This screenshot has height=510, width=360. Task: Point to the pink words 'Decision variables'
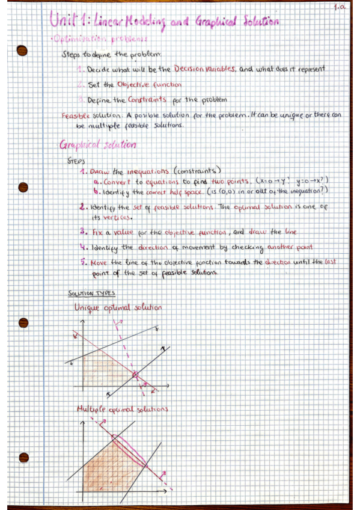205,69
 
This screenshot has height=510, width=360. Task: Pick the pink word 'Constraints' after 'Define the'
138,99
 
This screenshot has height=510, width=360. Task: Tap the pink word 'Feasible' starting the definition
75,115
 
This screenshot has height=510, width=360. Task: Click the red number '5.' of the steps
83,262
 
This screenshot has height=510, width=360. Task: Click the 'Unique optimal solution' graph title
118,308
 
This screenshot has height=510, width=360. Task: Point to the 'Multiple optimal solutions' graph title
122,410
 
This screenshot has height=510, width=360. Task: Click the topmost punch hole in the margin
22,50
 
